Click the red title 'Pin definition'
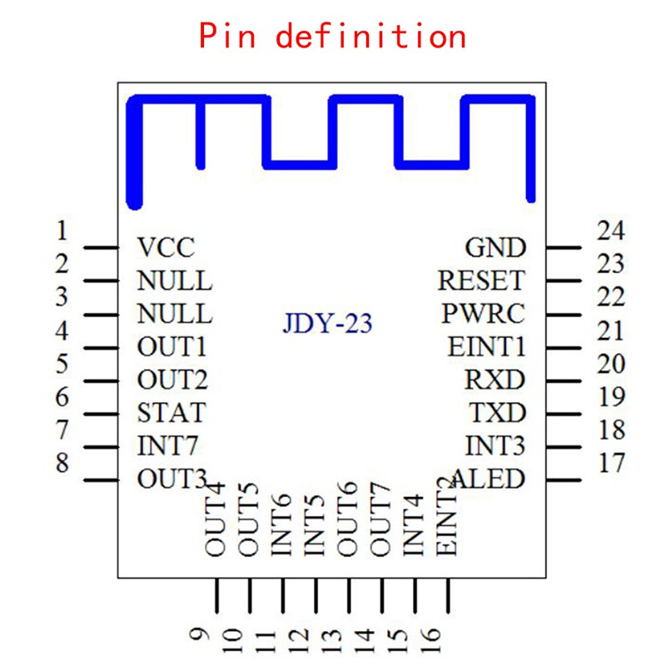pyautogui.click(x=332, y=36)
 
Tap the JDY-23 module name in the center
pyautogui.click(x=327, y=323)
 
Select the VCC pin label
pyautogui.click(x=166, y=247)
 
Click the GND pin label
pyautogui.click(x=495, y=247)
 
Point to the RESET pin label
pyautogui.click(x=482, y=281)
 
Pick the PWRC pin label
pyautogui.click(x=484, y=314)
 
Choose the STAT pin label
pyautogui.click(x=171, y=413)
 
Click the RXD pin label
pyautogui.click(x=495, y=380)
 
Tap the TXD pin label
pyautogui.click(x=497, y=413)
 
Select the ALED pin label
pyautogui.click(x=490, y=480)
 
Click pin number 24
pyautogui.click(x=611, y=231)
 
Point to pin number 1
pyautogui.click(x=62, y=231)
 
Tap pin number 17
pyautogui.click(x=612, y=463)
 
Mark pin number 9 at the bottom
pyautogui.click(x=200, y=634)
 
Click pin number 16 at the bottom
pyautogui.click(x=431, y=640)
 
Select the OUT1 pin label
pyautogui.click(x=171, y=347)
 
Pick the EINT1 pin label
pyautogui.click(x=487, y=347)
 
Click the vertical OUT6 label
pyautogui.click(x=347, y=519)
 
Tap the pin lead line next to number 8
pyautogui.click(x=101, y=480)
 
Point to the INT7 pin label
pyautogui.click(x=168, y=446)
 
